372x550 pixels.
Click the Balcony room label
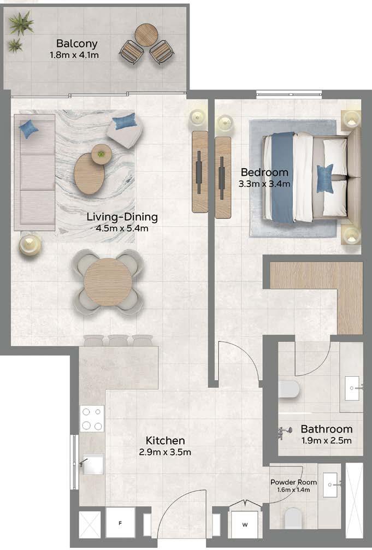(77, 44)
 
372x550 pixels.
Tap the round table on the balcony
(146, 34)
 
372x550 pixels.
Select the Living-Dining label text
(122, 217)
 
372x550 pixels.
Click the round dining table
(108, 282)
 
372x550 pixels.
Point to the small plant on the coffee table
(102, 153)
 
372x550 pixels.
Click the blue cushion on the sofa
(29, 129)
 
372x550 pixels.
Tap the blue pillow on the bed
(325, 179)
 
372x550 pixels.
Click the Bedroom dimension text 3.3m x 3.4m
(264, 184)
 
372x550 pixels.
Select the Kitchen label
(165, 441)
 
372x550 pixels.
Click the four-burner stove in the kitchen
(92, 418)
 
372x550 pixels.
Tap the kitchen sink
(92, 464)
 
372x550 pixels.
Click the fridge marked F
(120, 523)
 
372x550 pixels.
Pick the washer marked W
(245, 524)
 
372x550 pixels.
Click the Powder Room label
(293, 482)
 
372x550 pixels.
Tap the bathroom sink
(352, 388)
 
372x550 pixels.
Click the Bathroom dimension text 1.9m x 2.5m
(326, 441)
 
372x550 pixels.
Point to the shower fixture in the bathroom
(285, 432)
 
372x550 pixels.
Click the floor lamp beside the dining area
(30, 244)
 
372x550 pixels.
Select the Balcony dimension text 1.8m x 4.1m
(74, 55)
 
